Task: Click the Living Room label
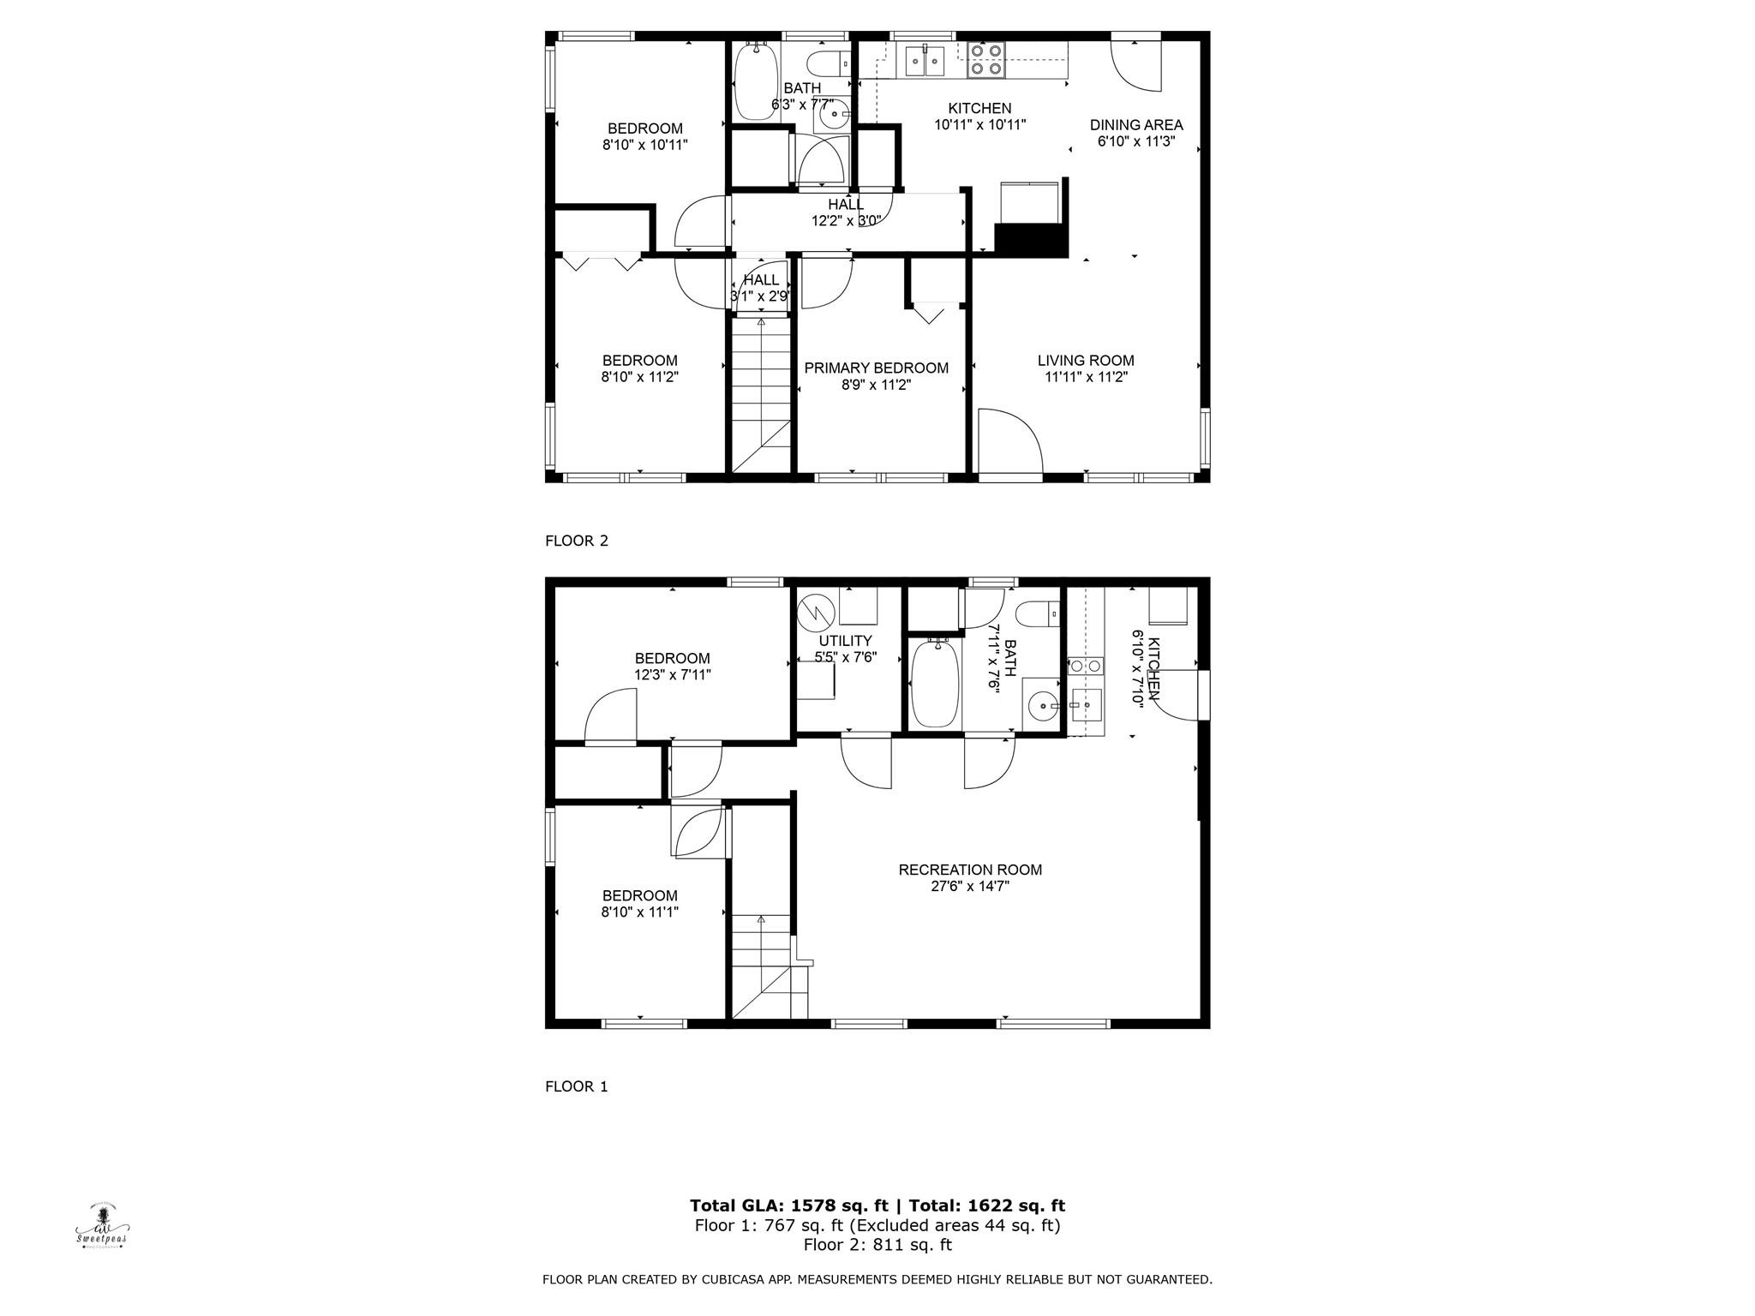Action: (1086, 361)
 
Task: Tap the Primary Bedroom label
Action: (876, 368)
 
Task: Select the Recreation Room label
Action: (970, 870)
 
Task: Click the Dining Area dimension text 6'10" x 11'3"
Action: (1136, 141)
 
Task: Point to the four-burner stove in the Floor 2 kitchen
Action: (986, 59)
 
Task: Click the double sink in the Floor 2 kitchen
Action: (925, 60)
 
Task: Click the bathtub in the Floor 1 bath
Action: (933, 683)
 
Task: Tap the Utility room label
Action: (845, 641)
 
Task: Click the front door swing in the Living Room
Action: (1010, 440)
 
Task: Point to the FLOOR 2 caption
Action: (577, 541)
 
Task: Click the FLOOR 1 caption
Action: (577, 1086)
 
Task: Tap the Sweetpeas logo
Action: (102, 1226)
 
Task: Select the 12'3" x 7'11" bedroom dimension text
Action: (673, 675)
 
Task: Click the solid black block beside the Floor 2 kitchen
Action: (1032, 240)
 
